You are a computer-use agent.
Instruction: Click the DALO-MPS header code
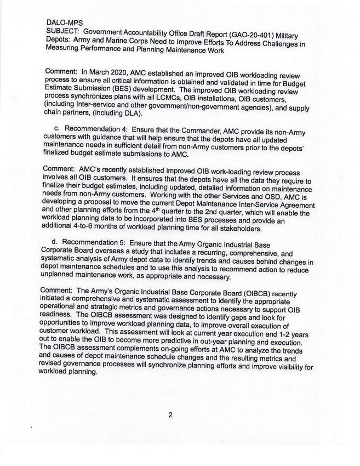(64, 23)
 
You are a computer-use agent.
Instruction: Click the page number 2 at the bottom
(170, 415)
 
